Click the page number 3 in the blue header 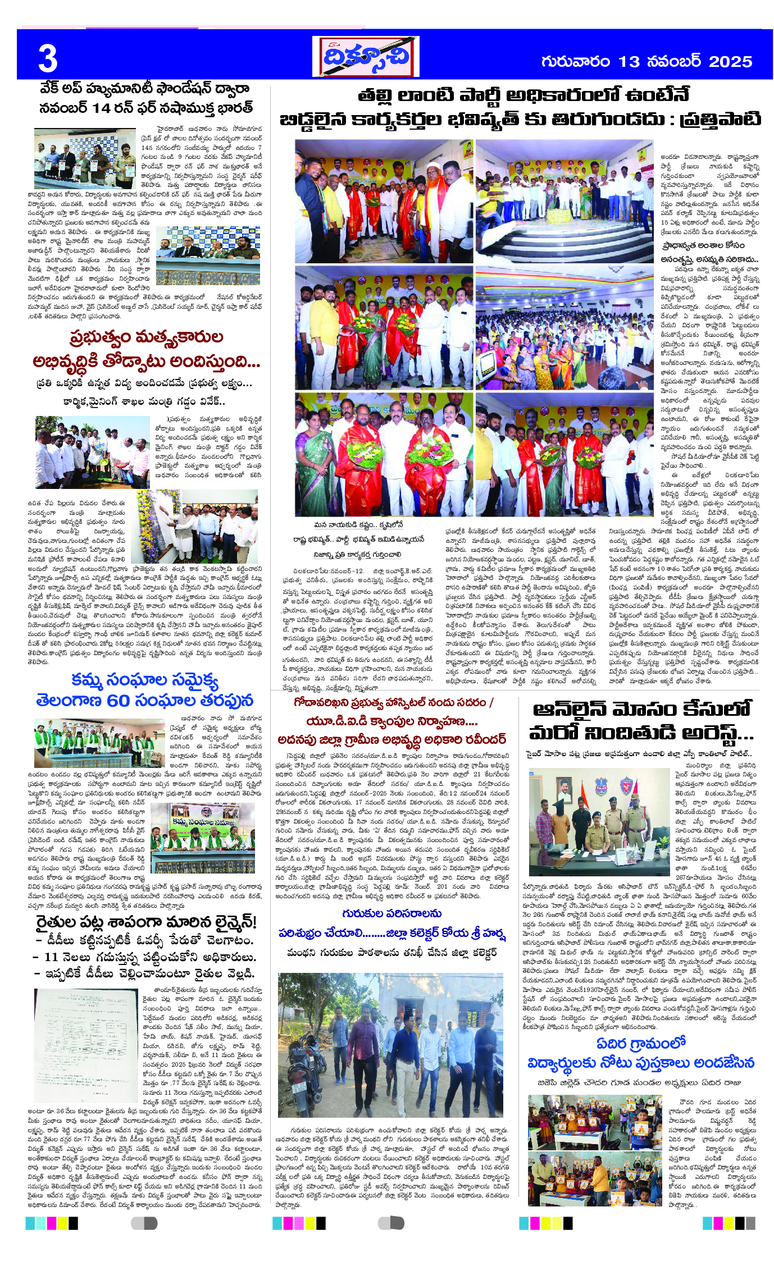tap(48, 60)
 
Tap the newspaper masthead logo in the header tap(366, 57)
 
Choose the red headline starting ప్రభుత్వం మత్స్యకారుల tap(147, 337)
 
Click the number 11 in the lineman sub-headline tap(52, 957)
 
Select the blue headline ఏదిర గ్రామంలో tap(641, 1043)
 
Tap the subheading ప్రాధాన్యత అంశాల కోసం tap(702, 245)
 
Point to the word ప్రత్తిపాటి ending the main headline tap(720, 120)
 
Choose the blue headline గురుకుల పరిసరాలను tap(391, 913)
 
